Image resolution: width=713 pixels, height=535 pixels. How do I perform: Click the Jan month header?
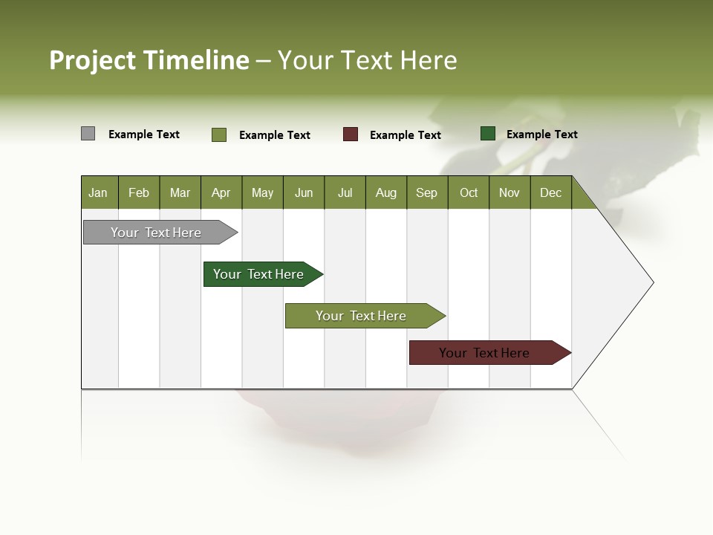(98, 192)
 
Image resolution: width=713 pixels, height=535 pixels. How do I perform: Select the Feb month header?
(139, 192)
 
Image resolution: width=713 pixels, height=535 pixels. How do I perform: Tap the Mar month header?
(180, 192)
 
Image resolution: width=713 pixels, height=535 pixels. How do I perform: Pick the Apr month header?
(221, 192)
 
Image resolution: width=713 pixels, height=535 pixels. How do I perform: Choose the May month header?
(262, 192)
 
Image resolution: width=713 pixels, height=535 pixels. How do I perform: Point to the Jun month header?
(304, 192)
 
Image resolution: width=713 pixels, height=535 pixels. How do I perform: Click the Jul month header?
(345, 192)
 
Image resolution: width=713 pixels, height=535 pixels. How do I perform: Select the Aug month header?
(385, 192)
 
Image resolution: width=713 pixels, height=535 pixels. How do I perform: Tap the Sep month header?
(426, 192)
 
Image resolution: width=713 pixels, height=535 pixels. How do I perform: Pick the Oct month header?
(469, 192)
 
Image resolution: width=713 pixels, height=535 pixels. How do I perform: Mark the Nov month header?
(509, 192)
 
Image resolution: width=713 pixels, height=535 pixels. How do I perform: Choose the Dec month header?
(550, 192)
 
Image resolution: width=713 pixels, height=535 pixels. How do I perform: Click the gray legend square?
(88, 134)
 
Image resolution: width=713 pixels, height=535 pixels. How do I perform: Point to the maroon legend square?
(351, 134)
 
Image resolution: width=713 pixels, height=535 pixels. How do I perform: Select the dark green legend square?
(487, 134)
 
